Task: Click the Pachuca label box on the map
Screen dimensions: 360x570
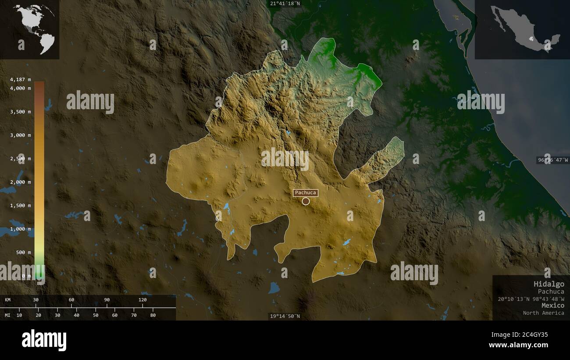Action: pyautogui.click(x=306, y=192)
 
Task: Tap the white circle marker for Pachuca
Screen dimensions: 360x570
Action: pyautogui.click(x=306, y=201)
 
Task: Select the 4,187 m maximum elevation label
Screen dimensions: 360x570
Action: pyautogui.click(x=20, y=79)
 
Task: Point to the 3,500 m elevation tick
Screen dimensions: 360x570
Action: pyautogui.click(x=20, y=111)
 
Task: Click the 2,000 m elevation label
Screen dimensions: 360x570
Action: pyautogui.click(x=20, y=182)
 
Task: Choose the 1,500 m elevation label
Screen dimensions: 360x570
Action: pyautogui.click(x=20, y=205)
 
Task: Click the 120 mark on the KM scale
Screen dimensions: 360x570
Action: pyautogui.click(x=142, y=300)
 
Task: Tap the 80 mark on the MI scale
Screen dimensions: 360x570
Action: pyautogui.click(x=153, y=315)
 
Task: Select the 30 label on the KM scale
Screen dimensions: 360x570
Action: pyautogui.click(x=36, y=300)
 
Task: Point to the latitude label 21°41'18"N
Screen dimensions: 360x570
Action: pyautogui.click(x=285, y=4)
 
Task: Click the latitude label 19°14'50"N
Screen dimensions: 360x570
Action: pyautogui.click(x=285, y=316)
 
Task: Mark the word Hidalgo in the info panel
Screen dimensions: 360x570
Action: pyautogui.click(x=549, y=284)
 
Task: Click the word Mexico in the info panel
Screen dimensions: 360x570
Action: pyautogui.click(x=552, y=305)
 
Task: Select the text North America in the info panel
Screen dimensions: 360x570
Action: pyautogui.click(x=543, y=313)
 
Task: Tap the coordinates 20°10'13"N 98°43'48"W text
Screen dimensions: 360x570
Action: pyautogui.click(x=531, y=299)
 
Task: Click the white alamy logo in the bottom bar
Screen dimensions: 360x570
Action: pyautogui.click(x=44, y=340)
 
